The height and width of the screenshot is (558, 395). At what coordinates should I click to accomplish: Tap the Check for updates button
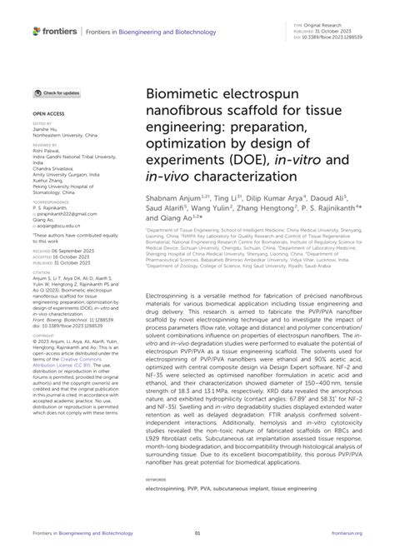coord(57,93)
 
